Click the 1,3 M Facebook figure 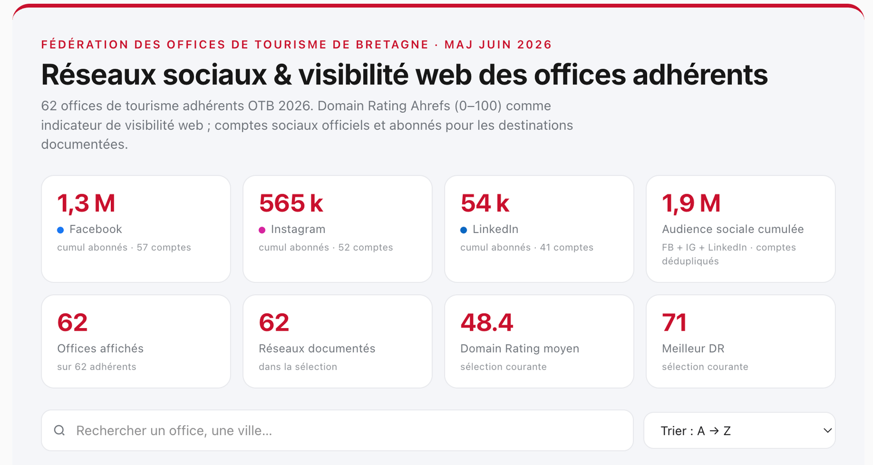click(x=86, y=204)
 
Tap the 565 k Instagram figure click(x=291, y=204)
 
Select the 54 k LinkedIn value click(x=485, y=204)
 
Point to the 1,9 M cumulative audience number click(x=691, y=204)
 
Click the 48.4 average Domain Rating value click(x=487, y=323)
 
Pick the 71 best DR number click(x=674, y=323)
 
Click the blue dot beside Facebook click(x=61, y=230)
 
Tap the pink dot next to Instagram click(x=262, y=230)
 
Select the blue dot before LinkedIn click(x=463, y=230)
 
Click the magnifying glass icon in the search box click(x=59, y=430)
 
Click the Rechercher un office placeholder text click(x=174, y=431)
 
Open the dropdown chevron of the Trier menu click(x=827, y=431)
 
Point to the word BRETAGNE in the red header click(x=392, y=44)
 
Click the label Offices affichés click(x=100, y=348)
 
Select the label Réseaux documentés click(x=317, y=348)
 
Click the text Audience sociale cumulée click(x=733, y=229)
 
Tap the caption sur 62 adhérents click(x=97, y=367)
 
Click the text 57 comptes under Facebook click(x=164, y=247)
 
